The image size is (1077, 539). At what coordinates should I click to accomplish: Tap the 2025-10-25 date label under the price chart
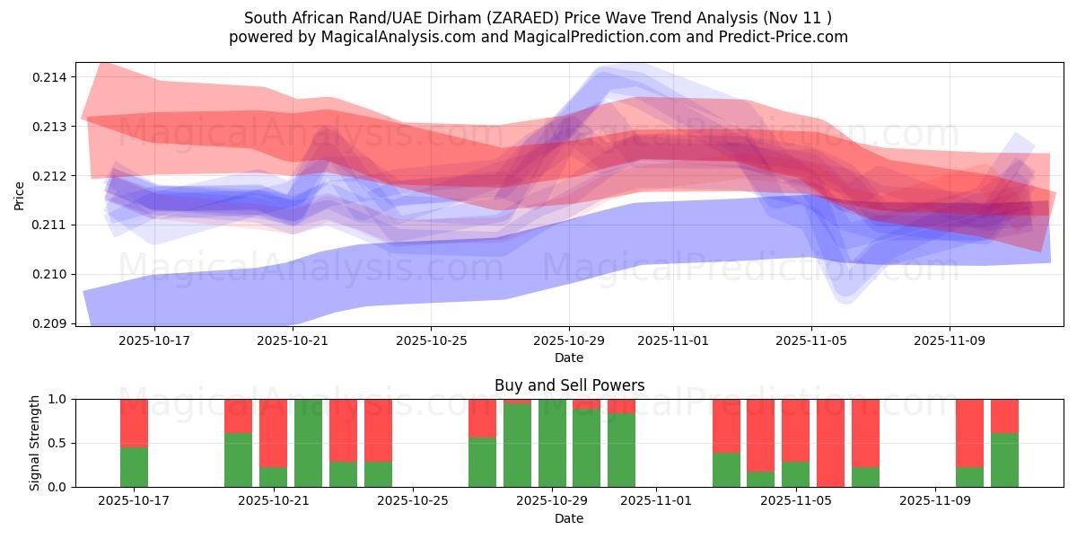point(431,341)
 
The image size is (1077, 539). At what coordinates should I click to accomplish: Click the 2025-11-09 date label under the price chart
point(950,341)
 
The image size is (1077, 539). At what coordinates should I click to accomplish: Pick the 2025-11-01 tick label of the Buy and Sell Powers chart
point(656,500)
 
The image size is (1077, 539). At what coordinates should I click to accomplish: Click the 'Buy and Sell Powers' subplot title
point(569,385)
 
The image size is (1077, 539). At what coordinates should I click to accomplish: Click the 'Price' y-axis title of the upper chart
point(20,195)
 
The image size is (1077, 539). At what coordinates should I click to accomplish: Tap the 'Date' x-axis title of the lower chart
point(569,518)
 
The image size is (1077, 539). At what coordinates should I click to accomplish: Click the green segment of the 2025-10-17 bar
point(134,467)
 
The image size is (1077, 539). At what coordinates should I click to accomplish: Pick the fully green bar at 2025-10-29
point(552,443)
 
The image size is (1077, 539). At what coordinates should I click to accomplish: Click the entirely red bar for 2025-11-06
point(830,443)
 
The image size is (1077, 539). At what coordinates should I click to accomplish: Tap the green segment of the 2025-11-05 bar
point(795,474)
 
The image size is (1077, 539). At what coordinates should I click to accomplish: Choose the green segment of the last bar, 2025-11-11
point(1004,460)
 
